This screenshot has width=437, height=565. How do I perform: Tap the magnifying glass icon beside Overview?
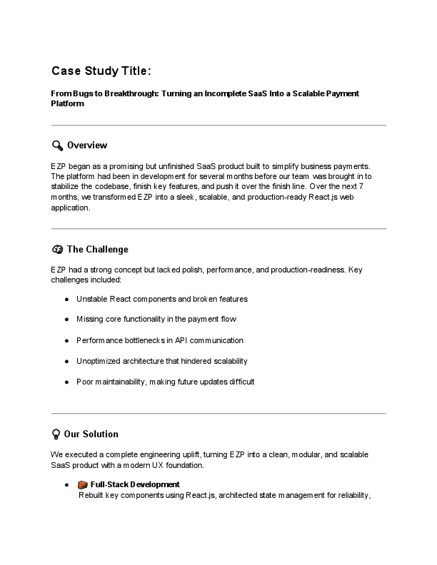coord(57,146)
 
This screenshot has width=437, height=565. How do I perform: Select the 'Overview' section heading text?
coord(87,146)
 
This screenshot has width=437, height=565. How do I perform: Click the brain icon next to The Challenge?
coord(57,249)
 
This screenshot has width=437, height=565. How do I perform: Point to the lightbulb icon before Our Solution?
coord(56,434)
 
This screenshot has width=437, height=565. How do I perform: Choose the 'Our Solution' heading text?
coord(91,434)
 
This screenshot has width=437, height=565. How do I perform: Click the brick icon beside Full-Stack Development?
coord(82,485)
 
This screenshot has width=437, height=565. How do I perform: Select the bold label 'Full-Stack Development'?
coord(130,485)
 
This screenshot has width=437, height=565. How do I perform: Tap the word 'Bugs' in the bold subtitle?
coord(82,93)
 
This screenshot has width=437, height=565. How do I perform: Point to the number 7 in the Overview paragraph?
coord(382,186)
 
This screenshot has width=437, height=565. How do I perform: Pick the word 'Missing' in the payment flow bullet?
coord(91,320)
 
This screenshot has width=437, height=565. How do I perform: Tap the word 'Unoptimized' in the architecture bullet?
coord(99,361)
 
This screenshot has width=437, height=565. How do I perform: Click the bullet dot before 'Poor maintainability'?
coord(66,382)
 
